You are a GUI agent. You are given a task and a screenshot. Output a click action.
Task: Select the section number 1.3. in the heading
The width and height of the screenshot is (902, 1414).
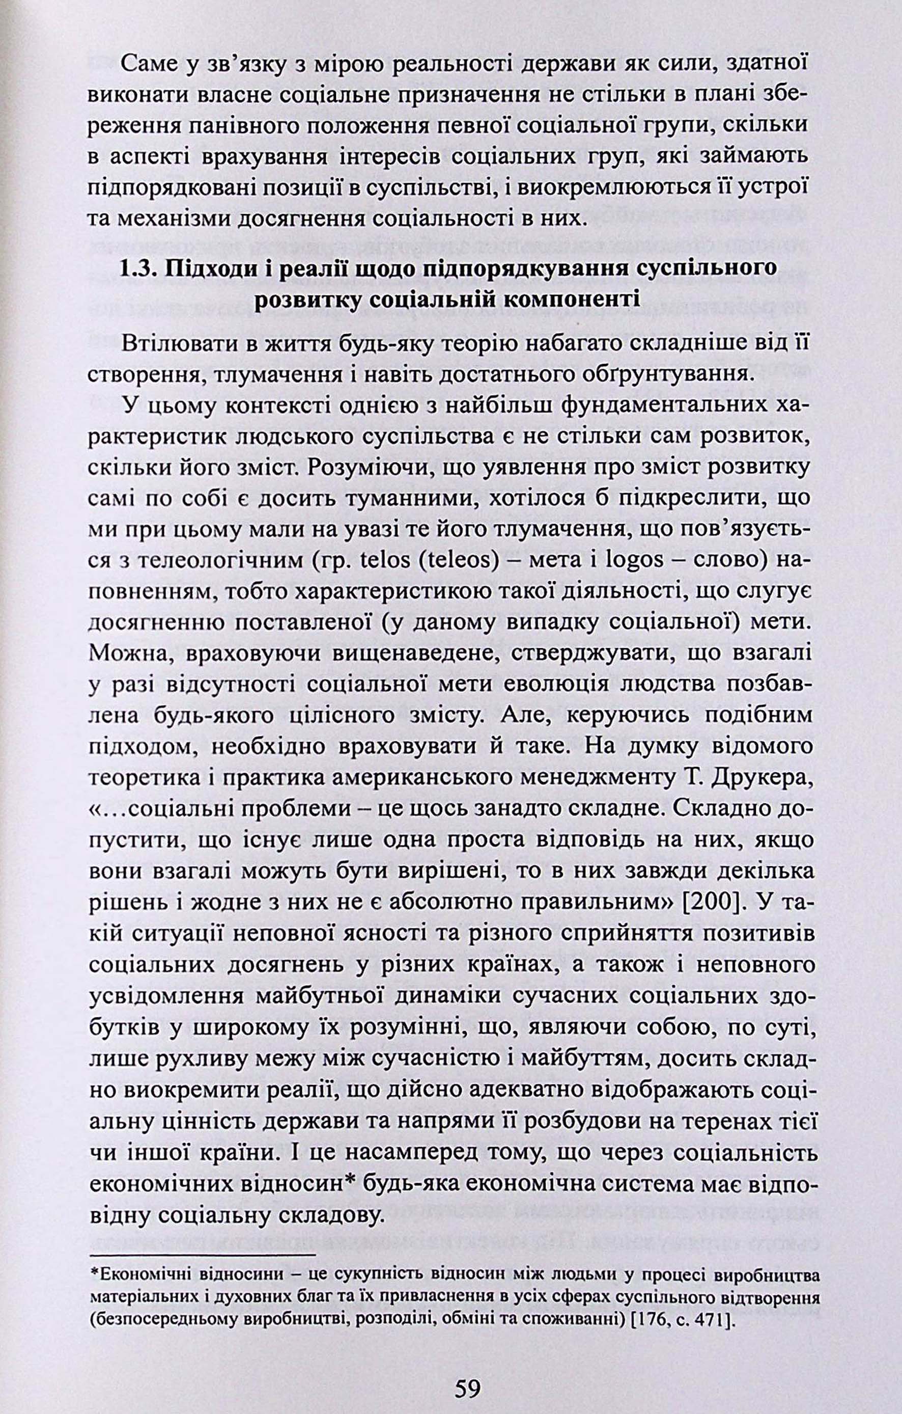pyautogui.click(x=139, y=269)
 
